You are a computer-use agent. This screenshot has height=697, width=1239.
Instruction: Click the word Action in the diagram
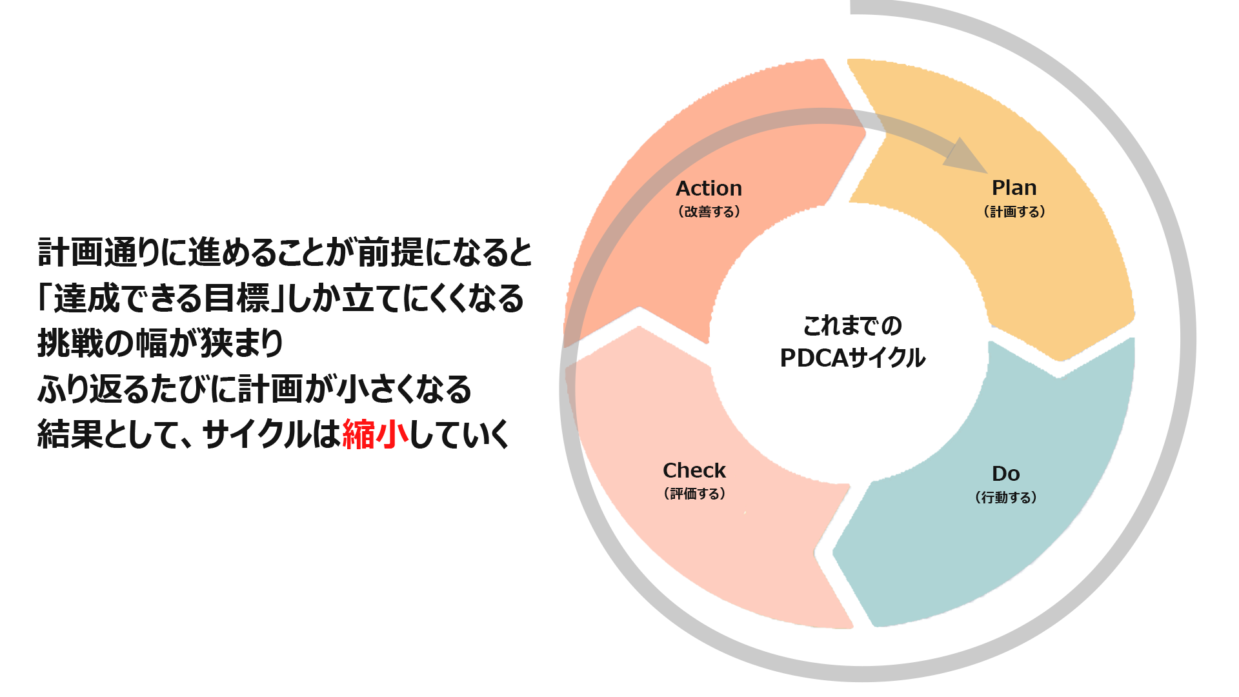click(x=709, y=188)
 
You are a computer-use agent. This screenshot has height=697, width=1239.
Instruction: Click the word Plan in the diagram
click(x=1014, y=188)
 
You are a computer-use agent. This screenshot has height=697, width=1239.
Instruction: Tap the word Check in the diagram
click(x=694, y=470)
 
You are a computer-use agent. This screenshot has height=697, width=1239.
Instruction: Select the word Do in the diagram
click(x=1005, y=474)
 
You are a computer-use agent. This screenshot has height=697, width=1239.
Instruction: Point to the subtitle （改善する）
click(x=709, y=212)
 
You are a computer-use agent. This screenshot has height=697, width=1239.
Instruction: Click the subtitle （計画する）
click(x=1014, y=212)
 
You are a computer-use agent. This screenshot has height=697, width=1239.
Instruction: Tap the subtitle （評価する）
click(x=694, y=494)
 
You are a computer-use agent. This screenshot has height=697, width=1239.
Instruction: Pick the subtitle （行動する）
click(x=1005, y=498)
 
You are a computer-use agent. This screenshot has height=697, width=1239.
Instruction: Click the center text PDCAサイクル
click(x=852, y=358)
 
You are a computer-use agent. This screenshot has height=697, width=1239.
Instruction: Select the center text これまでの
click(x=852, y=326)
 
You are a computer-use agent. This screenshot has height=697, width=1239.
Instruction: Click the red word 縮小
click(x=375, y=434)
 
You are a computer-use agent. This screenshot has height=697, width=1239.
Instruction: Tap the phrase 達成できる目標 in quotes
click(x=161, y=298)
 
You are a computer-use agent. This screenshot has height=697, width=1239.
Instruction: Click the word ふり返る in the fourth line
click(x=85, y=389)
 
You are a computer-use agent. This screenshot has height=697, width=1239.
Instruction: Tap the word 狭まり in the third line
click(x=242, y=343)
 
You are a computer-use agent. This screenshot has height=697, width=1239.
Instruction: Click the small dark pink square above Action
click(x=601, y=103)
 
